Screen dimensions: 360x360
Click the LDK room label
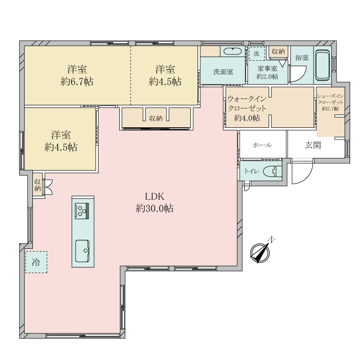(x=154, y=197)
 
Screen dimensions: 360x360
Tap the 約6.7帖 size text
(x=77, y=81)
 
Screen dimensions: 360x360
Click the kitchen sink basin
(x=82, y=251)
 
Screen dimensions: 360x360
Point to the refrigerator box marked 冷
(x=36, y=262)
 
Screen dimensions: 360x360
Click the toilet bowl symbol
(x=273, y=171)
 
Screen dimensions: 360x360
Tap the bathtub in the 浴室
(x=322, y=65)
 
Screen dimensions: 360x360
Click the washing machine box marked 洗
(x=257, y=54)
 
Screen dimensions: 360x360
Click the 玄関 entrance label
(x=313, y=145)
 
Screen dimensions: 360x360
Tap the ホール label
(x=262, y=145)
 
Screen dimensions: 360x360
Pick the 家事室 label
(x=267, y=68)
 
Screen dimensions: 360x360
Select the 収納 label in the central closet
(x=156, y=118)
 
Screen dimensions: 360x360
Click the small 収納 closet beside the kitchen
(x=38, y=185)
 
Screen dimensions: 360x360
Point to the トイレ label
(x=252, y=171)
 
